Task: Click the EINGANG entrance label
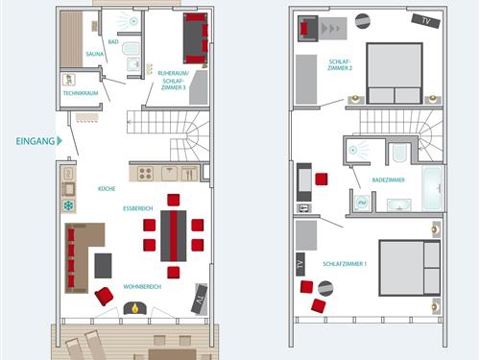click(36, 141)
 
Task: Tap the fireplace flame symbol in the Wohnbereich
click(135, 308)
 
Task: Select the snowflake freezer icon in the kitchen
click(69, 205)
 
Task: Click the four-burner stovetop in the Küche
click(145, 174)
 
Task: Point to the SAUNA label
click(95, 54)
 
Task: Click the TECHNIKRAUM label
click(81, 93)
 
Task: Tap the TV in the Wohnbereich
click(199, 300)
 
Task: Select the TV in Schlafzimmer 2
click(425, 21)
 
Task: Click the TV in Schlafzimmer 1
click(300, 264)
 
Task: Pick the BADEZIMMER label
click(388, 180)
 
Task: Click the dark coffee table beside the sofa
click(103, 266)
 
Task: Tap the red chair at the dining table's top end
click(173, 200)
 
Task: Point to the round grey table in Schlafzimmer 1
click(325, 289)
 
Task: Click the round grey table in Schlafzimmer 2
click(363, 21)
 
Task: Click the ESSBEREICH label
click(138, 208)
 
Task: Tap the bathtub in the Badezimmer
click(433, 188)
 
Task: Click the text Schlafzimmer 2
click(340, 64)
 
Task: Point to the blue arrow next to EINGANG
click(60, 141)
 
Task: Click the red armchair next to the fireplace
click(104, 297)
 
